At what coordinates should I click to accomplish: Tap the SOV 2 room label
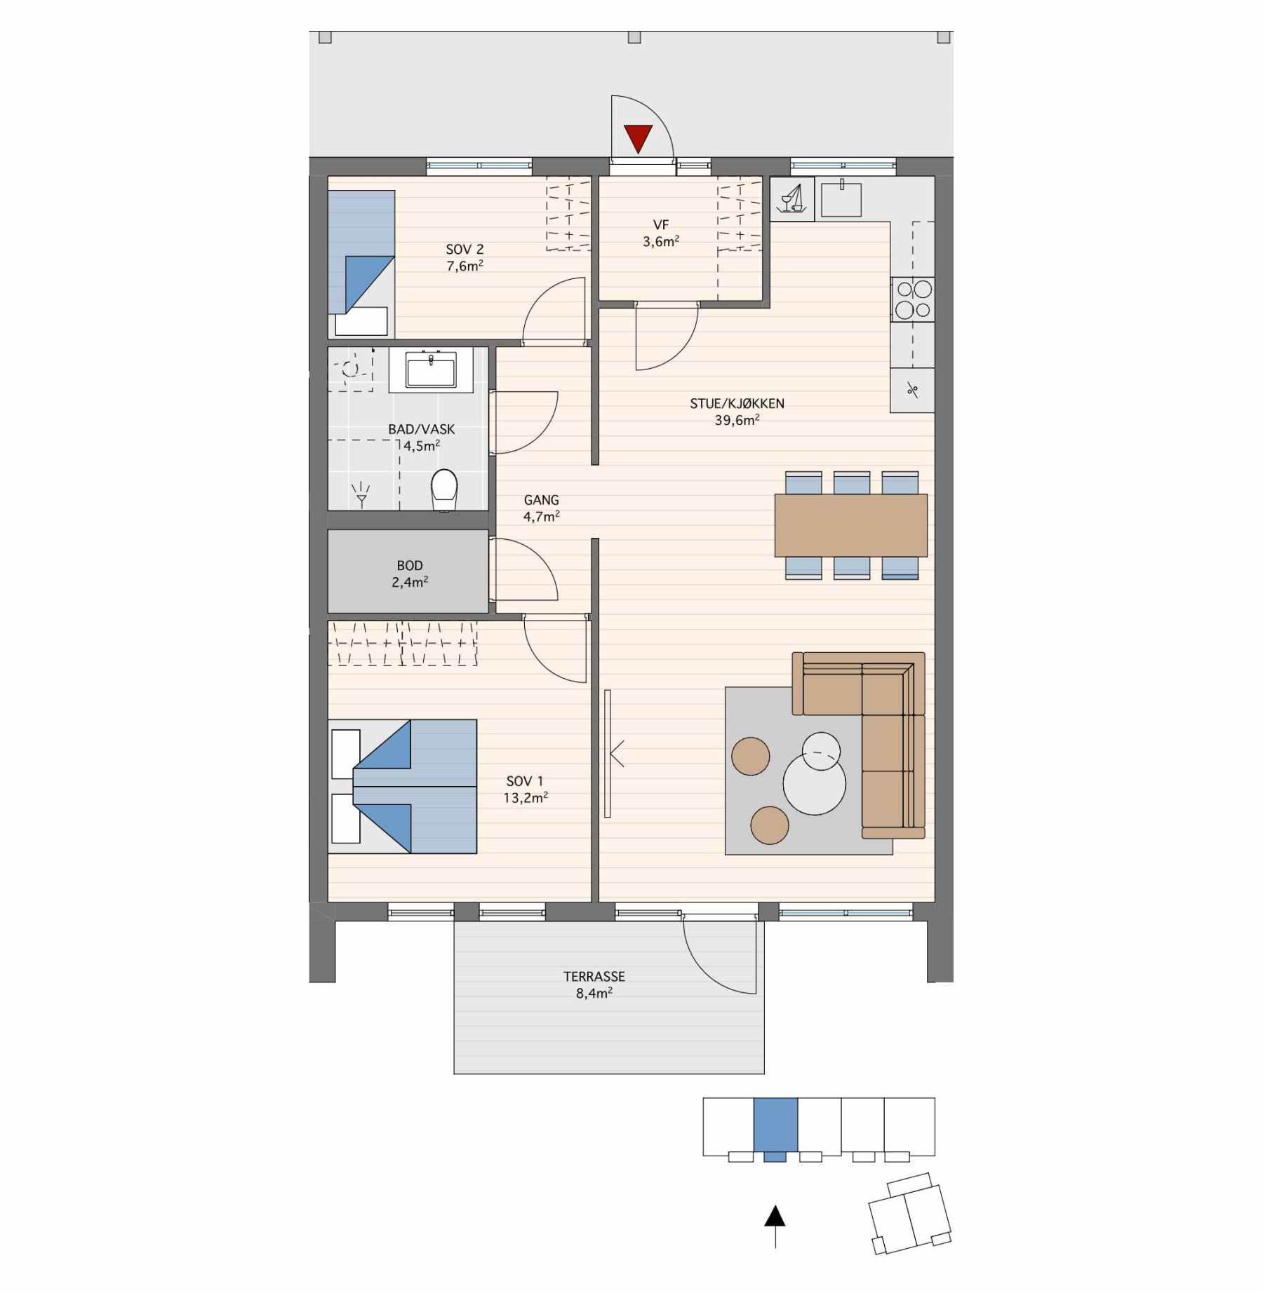click(x=465, y=250)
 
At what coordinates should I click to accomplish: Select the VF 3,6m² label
click(x=661, y=233)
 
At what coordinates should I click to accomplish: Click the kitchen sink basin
click(x=841, y=198)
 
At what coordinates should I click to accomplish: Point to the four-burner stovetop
click(x=913, y=299)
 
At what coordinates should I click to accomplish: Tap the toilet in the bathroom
click(x=444, y=490)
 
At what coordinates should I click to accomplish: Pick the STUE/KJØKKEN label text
click(x=737, y=404)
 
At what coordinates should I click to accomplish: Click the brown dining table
click(x=851, y=525)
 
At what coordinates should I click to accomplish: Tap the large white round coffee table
click(x=815, y=784)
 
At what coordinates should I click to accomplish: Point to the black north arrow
click(x=775, y=1226)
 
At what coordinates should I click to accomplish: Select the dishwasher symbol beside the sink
click(x=792, y=199)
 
